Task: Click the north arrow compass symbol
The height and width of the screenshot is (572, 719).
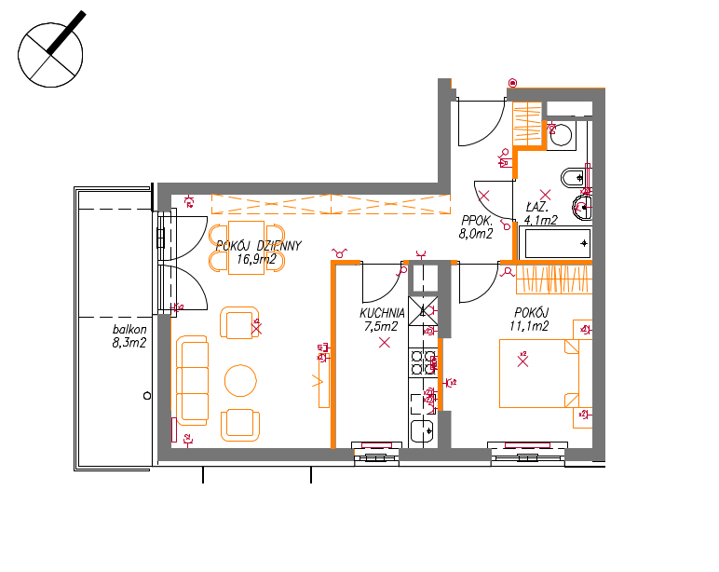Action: [x=50, y=54]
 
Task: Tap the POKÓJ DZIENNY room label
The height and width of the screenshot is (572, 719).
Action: [x=259, y=246]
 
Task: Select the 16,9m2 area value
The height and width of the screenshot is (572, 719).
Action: [x=256, y=259]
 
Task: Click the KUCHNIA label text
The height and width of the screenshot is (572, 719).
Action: [x=382, y=313]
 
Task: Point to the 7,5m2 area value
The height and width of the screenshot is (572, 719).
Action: [x=381, y=327]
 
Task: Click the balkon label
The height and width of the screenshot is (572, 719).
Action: [x=129, y=330]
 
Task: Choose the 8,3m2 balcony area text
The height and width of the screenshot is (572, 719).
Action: [x=129, y=343]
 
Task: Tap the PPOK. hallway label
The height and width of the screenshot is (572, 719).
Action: [x=477, y=221]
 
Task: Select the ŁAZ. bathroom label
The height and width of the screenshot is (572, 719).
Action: [x=536, y=208]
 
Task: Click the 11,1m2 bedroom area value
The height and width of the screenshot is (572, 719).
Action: [x=529, y=326]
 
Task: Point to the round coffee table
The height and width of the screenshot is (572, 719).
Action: [x=240, y=380]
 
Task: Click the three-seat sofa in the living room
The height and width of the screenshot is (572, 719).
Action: [x=192, y=380]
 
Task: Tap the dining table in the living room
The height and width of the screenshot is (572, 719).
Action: [x=246, y=248]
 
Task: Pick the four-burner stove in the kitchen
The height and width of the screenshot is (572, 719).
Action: [x=423, y=361]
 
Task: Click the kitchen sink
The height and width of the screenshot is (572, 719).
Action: [x=422, y=430]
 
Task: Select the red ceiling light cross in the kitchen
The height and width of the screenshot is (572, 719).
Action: [x=385, y=342]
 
